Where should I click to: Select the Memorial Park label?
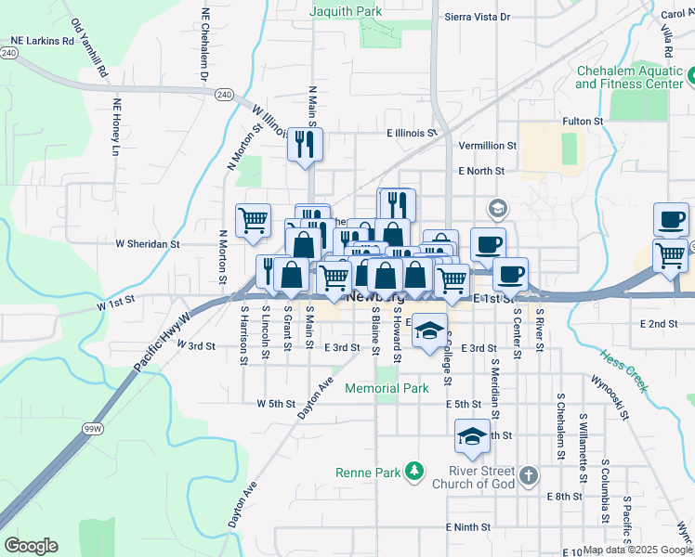tap(387, 388)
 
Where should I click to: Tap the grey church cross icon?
tap(528, 476)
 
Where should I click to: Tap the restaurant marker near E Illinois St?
tap(305, 145)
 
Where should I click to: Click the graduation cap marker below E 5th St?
tap(472, 437)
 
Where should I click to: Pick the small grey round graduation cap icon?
tap(497, 208)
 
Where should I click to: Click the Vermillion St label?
tap(488, 146)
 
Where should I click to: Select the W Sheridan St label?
tap(147, 243)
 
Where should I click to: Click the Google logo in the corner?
tap(31, 546)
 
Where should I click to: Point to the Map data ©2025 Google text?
tap(636, 550)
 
